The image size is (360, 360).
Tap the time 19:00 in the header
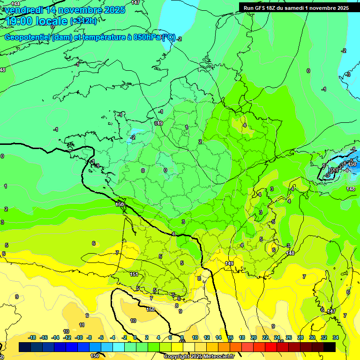coord(19,21)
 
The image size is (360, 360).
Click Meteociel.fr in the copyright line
coord(217,357)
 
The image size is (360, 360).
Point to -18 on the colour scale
coord(32,337)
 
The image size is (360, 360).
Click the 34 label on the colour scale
coord(336,337)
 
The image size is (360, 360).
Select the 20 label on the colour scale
coord(254,337)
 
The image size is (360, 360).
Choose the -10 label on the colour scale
coord(79,337)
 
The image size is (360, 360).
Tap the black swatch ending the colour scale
coord(330,347)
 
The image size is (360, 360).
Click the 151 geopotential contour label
coord(134,274)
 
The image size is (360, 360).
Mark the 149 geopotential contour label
coord(229,264)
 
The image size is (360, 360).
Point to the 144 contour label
coord(15,3)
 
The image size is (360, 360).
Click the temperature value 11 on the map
coord(82,324)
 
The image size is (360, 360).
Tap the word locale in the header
coord(50,21)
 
